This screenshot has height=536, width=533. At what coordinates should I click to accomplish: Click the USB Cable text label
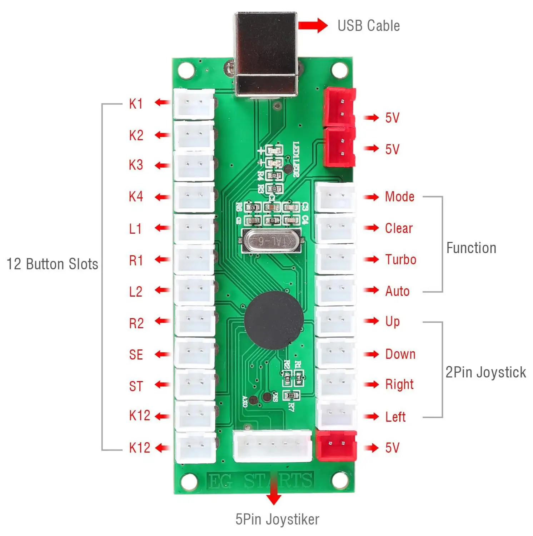[368, 26]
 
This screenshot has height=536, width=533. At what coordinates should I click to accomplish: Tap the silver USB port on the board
[266, 54]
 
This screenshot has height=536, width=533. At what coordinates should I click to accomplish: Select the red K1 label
[136, 104]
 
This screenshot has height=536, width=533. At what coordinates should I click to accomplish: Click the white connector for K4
[194, 197]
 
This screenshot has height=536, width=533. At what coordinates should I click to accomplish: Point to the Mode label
[399, 197]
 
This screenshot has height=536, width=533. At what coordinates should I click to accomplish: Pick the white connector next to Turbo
[335, 259]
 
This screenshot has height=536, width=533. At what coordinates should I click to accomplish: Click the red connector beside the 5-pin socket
[336, 445]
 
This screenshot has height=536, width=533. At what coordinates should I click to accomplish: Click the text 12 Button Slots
[52, 264]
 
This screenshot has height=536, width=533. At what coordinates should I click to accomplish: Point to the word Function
[471, 248]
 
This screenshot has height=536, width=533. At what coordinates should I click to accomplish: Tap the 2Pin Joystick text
[485, 372]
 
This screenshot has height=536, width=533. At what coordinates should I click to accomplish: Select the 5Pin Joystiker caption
[277, 519]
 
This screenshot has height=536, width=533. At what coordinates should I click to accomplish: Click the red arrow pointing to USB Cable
[313, 26]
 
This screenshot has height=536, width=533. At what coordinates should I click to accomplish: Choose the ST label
[136, 386]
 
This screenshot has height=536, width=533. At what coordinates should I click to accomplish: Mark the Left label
[395, 417]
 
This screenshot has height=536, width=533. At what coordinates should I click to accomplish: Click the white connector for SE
[195, 353]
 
